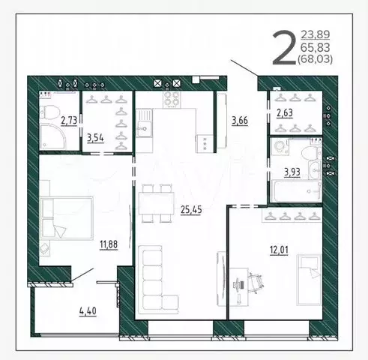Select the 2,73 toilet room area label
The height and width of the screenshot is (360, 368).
(68, 119)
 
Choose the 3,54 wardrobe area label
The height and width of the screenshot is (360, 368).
(96, 136)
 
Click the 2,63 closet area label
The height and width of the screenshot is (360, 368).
(286, 113)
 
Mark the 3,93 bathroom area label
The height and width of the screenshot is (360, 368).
(293, 172)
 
